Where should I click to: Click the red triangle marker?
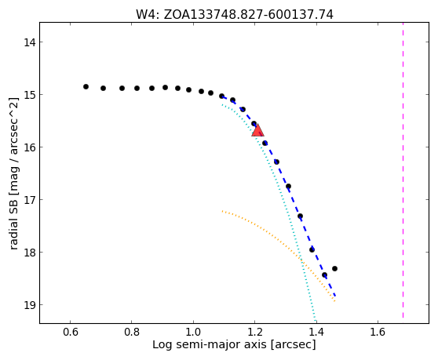257,131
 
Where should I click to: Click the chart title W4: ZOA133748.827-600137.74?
235,15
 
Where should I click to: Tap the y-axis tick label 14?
29,42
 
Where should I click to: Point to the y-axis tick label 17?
29,200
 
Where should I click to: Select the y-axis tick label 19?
29,305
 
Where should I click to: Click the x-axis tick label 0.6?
70,332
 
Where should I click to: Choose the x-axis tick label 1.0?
193,332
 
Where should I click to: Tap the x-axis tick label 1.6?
378,332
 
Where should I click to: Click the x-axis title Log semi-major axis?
210,344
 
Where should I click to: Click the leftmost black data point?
86,87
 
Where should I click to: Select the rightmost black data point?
334,269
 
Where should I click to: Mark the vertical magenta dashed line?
403,170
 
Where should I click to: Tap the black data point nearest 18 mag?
312,249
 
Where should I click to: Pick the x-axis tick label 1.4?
316,332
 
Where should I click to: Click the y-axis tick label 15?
29,95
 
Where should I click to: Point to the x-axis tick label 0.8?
132,332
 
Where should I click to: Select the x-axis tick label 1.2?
255,332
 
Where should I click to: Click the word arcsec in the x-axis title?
293,344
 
